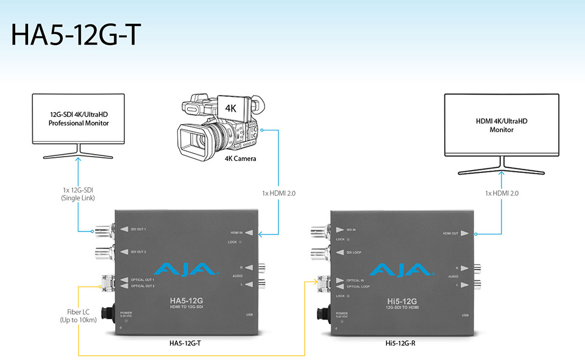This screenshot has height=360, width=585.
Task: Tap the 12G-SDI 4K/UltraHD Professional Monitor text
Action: pyautogui.click(x=79, y=118)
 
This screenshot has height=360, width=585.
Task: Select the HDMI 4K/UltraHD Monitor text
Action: pyautogui.click(x=502, y=125)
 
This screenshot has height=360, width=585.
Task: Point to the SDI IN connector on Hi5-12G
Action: pyautogui.click(x=318, y=230)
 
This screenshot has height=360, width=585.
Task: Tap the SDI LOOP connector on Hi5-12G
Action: pyautogui.click(x=318, y=251)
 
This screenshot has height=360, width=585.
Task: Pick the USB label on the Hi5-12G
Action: pyautogui.click(x=465, y=315)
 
